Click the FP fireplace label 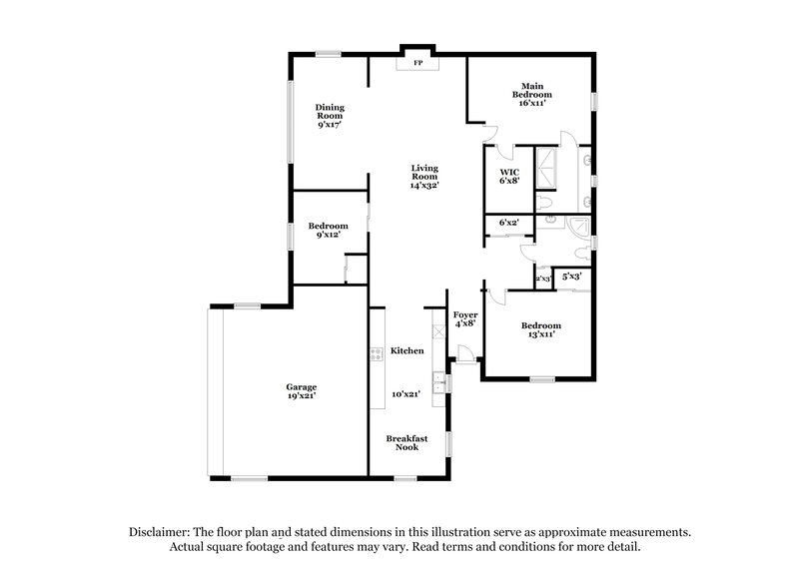[x=417, y=64]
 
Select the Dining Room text [x=329, y=113]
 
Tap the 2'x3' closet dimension [x=544, y=280]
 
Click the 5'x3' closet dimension [x=572, y=276]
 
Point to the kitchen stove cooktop [x=378, y=352]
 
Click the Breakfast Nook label [x=407, y=442]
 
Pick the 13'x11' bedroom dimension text [x=540, y=335]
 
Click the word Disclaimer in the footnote [x=161, y=532]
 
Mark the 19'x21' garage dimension [x=302, y=396]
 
